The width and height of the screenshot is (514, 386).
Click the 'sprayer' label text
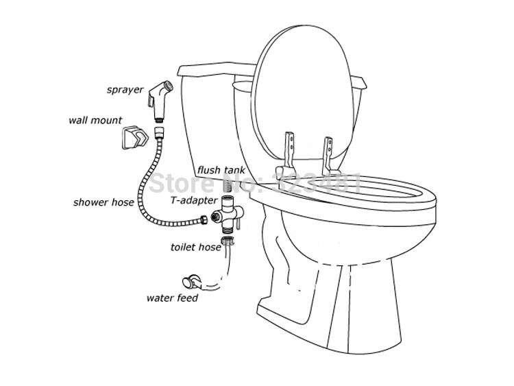[124, 89]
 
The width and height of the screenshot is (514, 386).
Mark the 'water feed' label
[172, 298]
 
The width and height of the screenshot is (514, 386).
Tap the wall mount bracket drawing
[136, 139]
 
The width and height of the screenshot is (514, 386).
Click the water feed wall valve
[190, 280]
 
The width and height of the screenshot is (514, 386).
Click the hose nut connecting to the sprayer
[160, 130]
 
